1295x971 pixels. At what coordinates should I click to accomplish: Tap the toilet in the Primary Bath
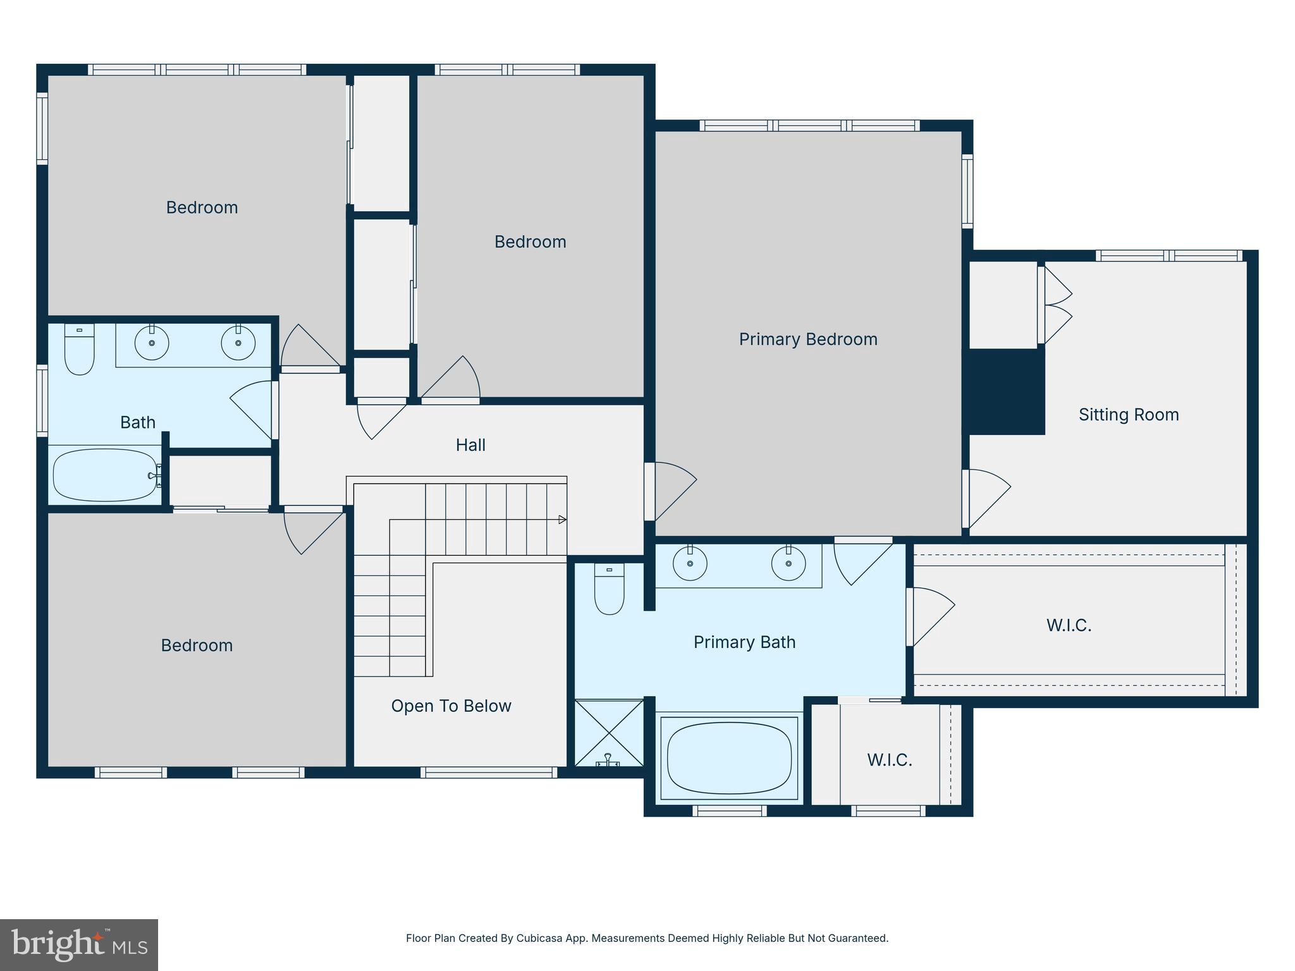[x=609, y=589]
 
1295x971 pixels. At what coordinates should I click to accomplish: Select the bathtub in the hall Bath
[x=104, y=475]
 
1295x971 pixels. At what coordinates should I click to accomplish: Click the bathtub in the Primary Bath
[x=729, y=758]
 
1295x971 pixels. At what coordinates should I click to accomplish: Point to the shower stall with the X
[x=608, y=732]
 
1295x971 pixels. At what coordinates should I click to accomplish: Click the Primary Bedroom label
[x=807, y=339]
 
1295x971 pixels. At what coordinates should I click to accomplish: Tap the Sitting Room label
[x=1128, y=415]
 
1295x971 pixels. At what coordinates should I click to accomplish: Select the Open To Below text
[x=451, y=706]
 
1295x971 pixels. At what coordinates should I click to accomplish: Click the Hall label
[x=470, y=445]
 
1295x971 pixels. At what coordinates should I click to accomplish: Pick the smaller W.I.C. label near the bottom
[x=889, y=760]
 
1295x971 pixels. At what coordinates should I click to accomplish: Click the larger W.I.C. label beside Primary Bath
[x=1069, y=625]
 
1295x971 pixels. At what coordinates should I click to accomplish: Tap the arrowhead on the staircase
[x=562, y=520]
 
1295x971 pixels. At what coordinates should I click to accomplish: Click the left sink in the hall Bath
[x=152, y=343]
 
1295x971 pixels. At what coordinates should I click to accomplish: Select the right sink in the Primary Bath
[x=788, y=563]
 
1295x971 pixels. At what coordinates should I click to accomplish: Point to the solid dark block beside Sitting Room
[x=1007, y=392]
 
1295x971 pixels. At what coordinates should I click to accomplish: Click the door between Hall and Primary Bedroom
[x=670, y=491]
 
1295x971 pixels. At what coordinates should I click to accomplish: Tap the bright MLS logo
[x=79, y=944]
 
